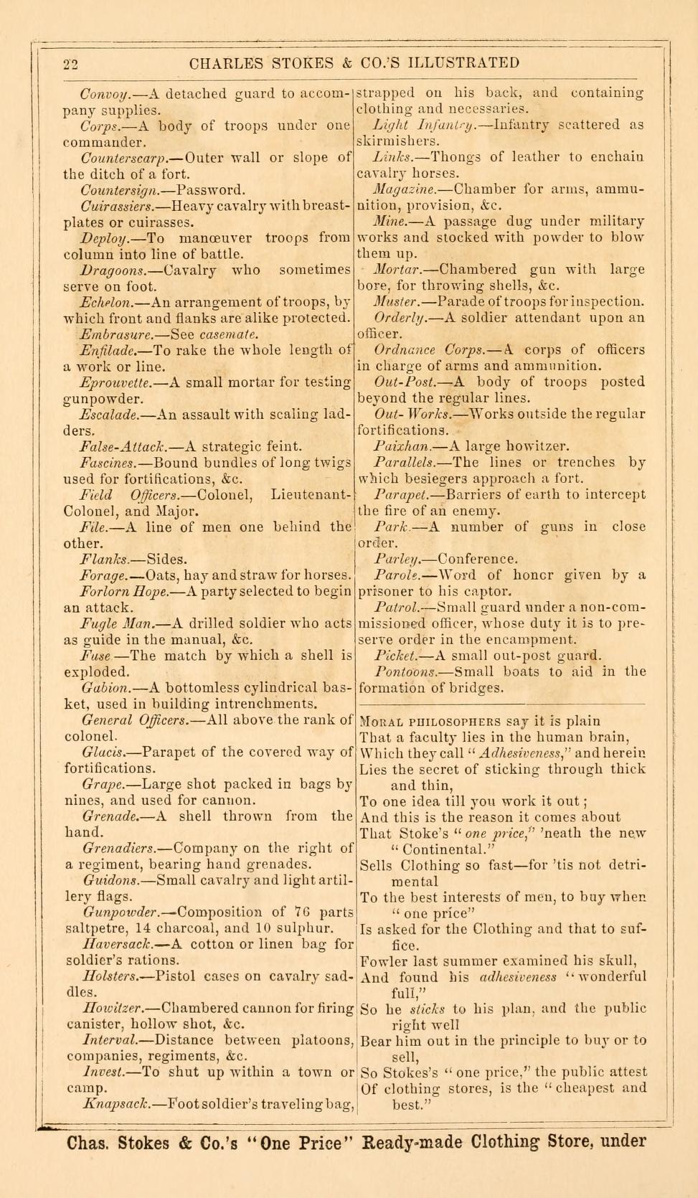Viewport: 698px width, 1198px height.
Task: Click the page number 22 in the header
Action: [70, 64]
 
